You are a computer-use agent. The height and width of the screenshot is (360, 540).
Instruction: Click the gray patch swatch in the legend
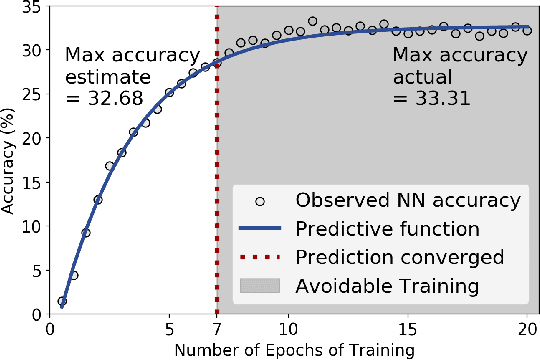(x=260, y=285)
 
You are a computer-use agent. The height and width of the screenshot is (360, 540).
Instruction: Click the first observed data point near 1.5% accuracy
(x=62, y=300)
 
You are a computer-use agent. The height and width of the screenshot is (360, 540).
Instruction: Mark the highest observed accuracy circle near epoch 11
(x=312, y=21)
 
